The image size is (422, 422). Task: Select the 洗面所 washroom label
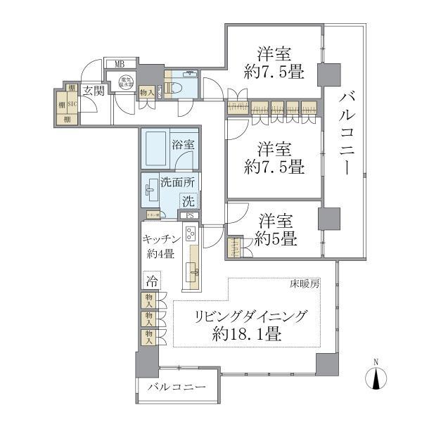pyautogui.click(x=179, y=181)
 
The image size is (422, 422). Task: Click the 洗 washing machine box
pyautogui.click(x=188, y=200)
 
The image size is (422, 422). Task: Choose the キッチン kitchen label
pyautogui.click(x=165, y=240)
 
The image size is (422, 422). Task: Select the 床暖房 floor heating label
pyautogui.click(x=305, y=284)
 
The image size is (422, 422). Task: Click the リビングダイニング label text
pyautogui.click(x=250, y=317)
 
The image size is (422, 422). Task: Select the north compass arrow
pyautogui.click(x=376, y=378)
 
